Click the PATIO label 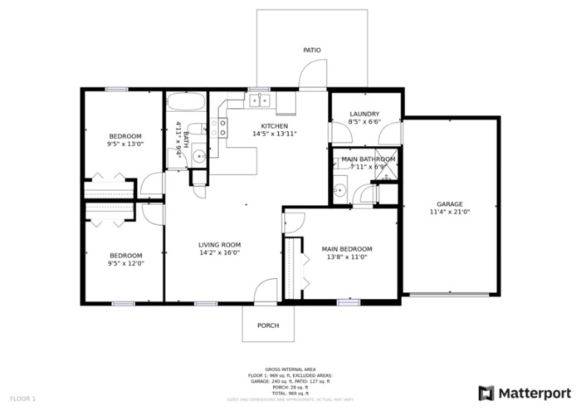point(311,51)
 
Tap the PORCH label point(268,325)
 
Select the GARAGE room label point(450,203)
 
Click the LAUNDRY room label point(364,114)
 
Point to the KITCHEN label point(274,125)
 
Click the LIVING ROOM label point(219,245)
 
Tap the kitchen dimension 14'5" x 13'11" point(274,134)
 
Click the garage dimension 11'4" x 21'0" point(450,212)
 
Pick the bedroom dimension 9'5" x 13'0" point(125,144)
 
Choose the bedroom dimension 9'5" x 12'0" point(125,264)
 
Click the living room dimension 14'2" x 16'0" point(219,253)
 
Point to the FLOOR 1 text point(22,399)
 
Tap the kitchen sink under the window point(259,102)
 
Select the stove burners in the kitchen point(219,127)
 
